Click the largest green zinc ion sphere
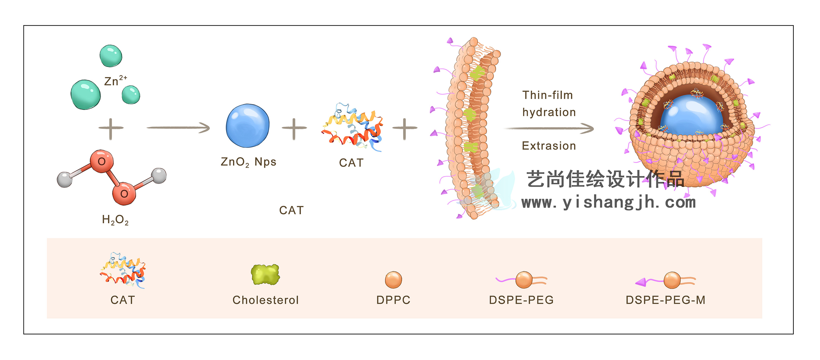[86, 95]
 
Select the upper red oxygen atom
[102, 161]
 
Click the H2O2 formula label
[115, 220]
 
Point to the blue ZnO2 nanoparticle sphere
[248, 126]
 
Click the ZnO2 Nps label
[248, 162]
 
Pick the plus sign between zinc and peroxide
[111, 128]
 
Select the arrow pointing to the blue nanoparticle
[178, 127]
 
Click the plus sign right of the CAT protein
[405, 128]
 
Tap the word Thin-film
[548, 95]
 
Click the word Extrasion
[549, 146]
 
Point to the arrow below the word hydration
[549, 128]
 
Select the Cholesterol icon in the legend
[265, 275]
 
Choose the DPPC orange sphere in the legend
[393, 280]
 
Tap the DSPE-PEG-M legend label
[666, 300]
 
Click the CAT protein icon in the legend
[123, 270]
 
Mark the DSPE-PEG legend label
[521, 300]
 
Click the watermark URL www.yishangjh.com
[608, 202]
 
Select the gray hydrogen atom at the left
[65, 179]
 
